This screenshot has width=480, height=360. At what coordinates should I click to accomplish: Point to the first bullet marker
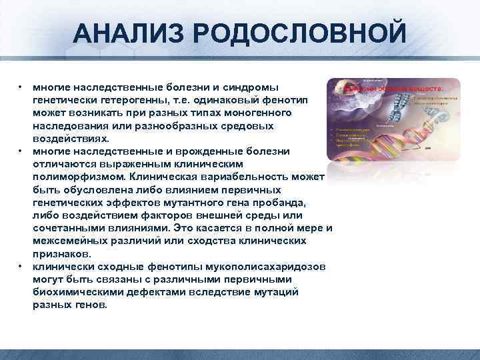pyautogui.click(x=21, y=87)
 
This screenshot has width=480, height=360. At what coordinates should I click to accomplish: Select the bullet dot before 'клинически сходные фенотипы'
pyautogui.click(x=21, y=267)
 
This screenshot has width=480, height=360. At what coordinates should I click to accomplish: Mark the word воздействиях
pyautogui.click(x=65, y=139)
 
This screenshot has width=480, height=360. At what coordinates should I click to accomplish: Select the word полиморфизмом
pyautogui.click(x=79, y=177)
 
